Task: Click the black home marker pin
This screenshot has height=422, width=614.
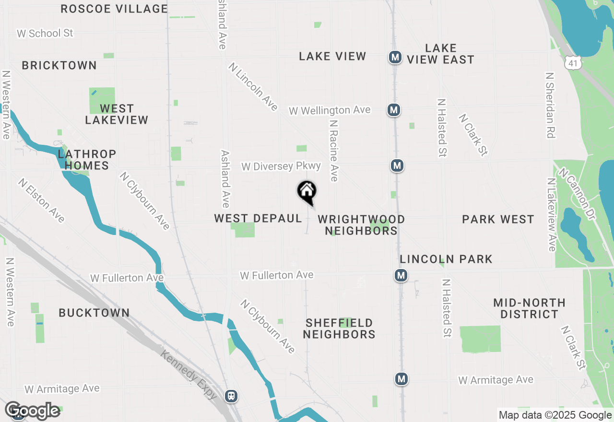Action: (307, 192)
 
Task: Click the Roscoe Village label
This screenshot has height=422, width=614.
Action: (114, 9)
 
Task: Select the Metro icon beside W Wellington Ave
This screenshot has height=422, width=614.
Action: (394, 110)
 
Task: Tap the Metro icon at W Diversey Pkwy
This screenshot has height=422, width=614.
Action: (397, 166)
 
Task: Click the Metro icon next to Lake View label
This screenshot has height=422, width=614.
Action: (395, 58)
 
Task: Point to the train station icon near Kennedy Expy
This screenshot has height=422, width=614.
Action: (231, 396)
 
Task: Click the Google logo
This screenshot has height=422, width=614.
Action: (32, 410)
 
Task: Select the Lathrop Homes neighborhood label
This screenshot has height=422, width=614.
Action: (87, 160)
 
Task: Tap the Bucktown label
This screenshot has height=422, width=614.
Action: (94, 313)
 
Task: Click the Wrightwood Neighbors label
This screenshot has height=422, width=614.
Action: (361, 225)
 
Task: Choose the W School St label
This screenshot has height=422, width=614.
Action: (45, 33)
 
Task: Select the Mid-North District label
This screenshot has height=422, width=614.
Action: (529, 308)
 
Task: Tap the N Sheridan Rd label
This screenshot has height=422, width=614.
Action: (550, 105)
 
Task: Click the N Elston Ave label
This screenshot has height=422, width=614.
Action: (41, 200)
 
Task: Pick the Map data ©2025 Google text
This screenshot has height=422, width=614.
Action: (555, 415)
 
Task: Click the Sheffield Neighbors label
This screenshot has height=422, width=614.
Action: (339, 328)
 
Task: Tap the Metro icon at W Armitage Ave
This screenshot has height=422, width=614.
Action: (401, 379)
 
